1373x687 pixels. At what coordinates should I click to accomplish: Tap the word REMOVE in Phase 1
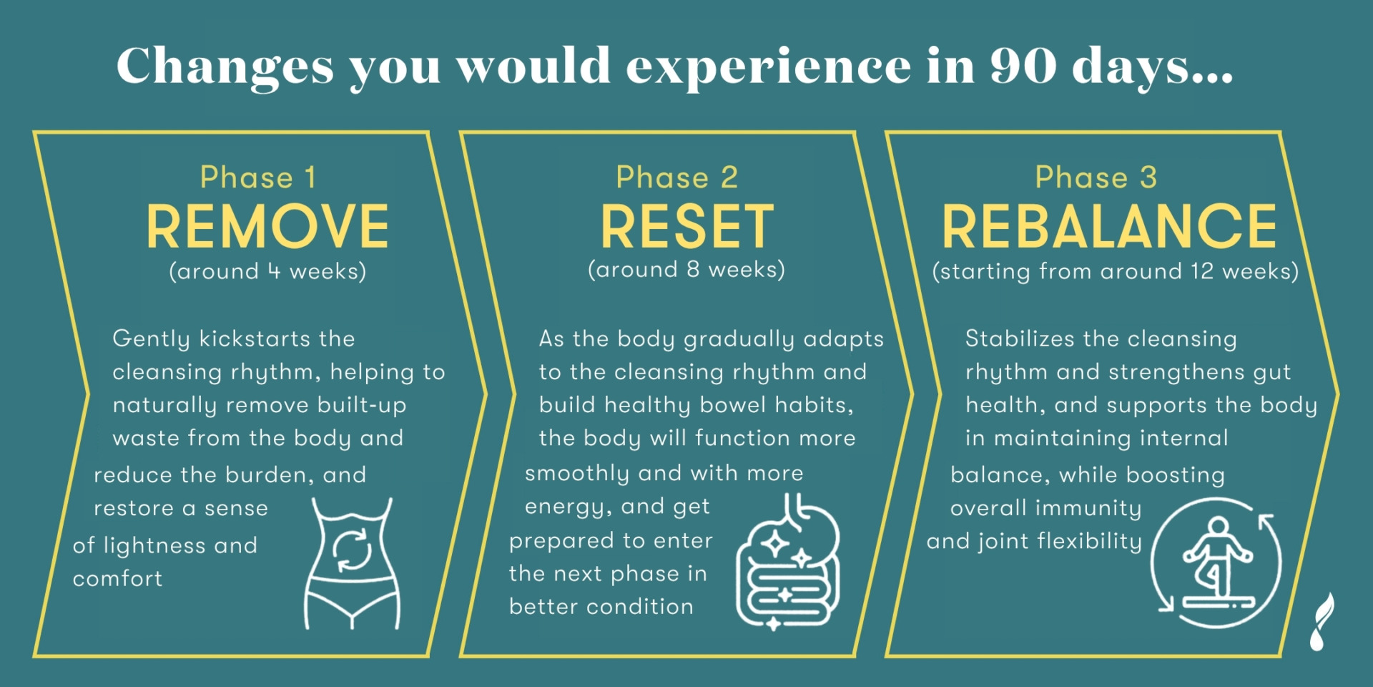(x=267, y=226)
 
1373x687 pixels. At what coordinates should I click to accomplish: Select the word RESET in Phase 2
(x=687, y=226)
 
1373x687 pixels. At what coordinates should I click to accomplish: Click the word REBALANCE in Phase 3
(x=1109, y=226)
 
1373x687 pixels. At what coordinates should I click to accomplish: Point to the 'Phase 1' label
(x=258, y=177)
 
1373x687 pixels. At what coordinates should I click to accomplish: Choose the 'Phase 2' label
(x=677, y=177)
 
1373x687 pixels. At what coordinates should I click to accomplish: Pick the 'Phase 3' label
(x=1096, y=177)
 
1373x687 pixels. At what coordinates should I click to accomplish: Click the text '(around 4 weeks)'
(x=267, y=271)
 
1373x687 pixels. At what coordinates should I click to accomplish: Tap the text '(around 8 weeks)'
(x=686, y=270)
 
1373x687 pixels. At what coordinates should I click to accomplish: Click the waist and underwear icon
(x=353, y=564)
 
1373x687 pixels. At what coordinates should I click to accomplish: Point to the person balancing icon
(x=1216, y=564)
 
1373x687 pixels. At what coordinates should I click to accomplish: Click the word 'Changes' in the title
(x=225, y=66)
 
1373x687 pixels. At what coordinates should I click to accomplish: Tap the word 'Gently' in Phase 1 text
(x=152, y=339)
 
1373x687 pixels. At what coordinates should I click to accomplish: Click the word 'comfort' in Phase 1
(x=118, y=578)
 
